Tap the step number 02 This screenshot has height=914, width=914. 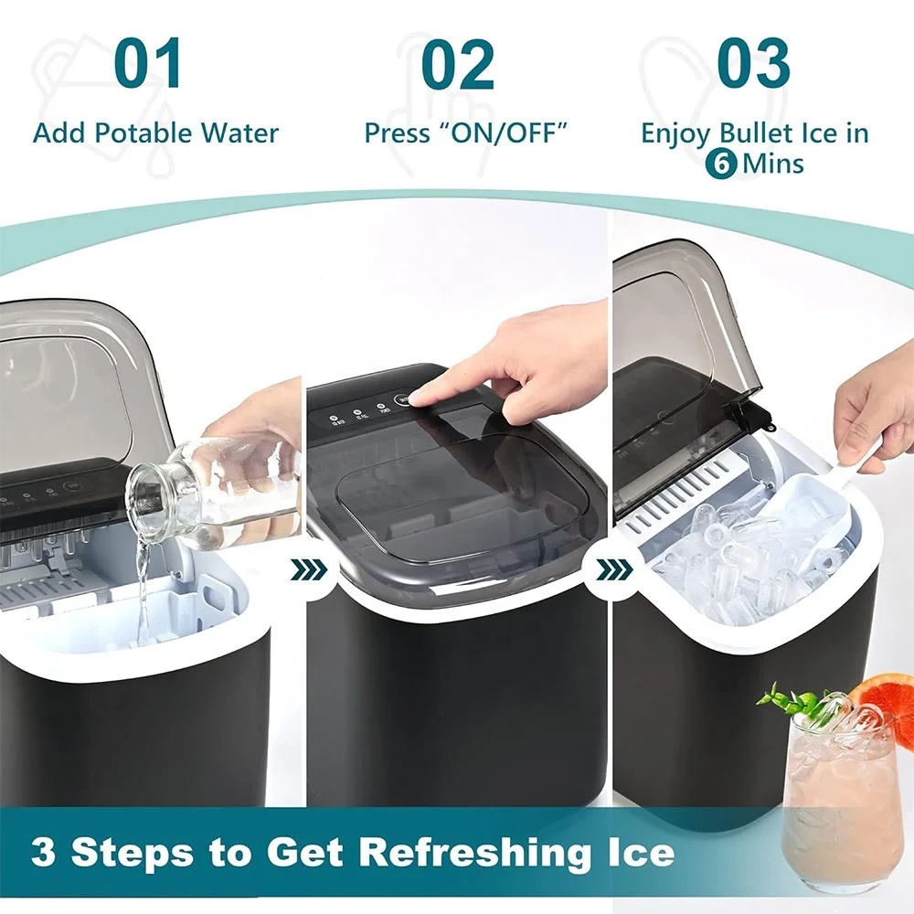tap(458, 64)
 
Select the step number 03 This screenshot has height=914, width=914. tap(753, 64)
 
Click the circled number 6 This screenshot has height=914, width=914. tap(721, 165)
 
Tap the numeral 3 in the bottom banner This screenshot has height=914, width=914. tap(42, 852)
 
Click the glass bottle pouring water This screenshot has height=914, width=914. tap(219, 489)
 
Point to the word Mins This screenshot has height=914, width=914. tap(773, 165)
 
